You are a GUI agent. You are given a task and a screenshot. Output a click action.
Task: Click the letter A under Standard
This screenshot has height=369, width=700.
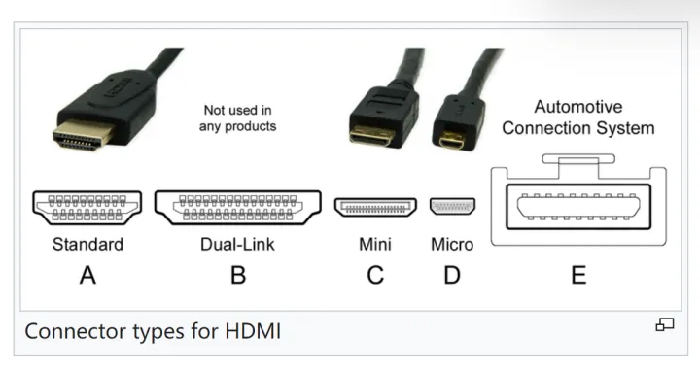(87, 275)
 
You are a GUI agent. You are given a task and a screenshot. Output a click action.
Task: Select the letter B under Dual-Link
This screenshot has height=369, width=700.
(238, 275)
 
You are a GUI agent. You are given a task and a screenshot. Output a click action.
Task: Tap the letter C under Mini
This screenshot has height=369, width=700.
(375, 275)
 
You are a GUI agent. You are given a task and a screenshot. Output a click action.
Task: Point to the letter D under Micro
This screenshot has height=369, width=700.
(452, 275)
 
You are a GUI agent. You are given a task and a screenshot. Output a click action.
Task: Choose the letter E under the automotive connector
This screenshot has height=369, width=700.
(578, 275)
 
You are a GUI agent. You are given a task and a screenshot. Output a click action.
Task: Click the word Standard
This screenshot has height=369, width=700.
(87, 244)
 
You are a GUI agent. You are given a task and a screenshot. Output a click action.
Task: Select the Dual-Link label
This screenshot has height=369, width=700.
(237, 244)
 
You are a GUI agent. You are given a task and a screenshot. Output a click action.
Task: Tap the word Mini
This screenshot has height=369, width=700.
(375, 244)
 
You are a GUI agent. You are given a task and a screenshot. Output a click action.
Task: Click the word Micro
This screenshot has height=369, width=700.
(452, 244)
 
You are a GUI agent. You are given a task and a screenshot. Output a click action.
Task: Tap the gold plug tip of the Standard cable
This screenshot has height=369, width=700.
(83, 134)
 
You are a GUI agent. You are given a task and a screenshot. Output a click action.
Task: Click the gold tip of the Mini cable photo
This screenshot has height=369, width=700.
(371, 136)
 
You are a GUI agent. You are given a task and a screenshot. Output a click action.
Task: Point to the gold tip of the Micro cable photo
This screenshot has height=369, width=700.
(451, 141)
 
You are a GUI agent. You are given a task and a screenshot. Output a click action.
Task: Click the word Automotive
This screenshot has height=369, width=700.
(578, 107)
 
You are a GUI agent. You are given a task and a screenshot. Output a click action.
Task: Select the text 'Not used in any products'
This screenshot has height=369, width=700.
(237, 118)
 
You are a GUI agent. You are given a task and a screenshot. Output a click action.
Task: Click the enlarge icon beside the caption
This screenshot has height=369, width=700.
(665, 325)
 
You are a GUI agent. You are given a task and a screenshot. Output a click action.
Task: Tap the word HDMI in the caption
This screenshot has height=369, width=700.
(253, 331)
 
